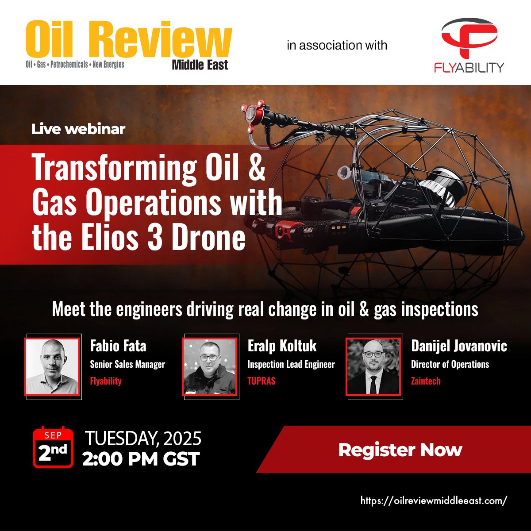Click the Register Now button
400,450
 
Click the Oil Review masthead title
128,40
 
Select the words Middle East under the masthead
200,65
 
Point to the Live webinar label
78,129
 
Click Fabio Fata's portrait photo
52,366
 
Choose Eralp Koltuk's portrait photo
210,366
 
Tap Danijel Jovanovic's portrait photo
373,366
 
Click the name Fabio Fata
118,346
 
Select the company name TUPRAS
261,381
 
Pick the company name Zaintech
426,381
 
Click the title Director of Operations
450,364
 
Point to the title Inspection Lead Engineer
291,364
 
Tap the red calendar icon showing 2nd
53,447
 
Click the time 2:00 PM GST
141,459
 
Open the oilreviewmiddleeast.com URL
434,500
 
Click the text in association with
337,45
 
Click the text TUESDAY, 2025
143,438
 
